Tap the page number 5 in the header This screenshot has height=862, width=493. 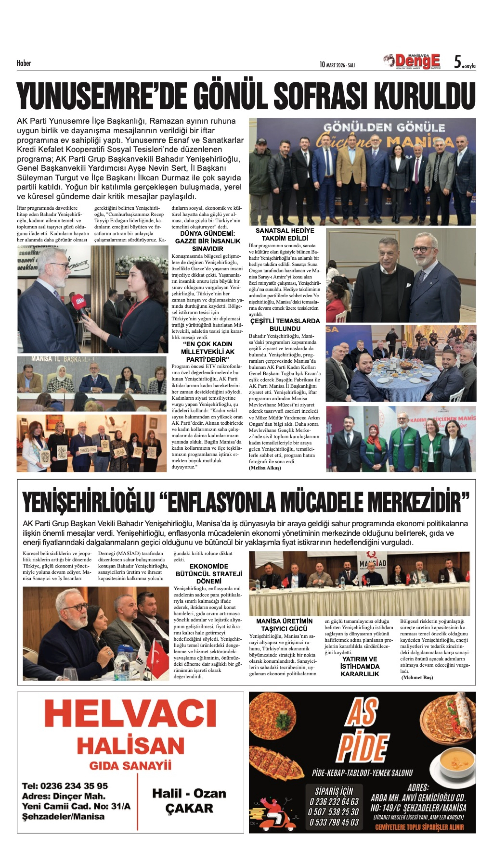(458, 62)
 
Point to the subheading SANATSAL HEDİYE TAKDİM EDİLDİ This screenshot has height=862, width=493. (285, 234)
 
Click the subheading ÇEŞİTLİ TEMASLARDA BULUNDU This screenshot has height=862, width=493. (285, 324)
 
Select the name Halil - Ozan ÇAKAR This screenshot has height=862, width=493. (189, 801)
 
